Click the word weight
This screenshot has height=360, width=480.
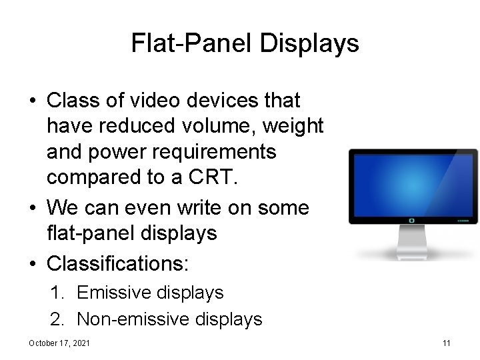pyautogui.click(x=294, y=126)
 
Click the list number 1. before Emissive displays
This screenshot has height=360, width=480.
pyautogui.click(x=58, y=292)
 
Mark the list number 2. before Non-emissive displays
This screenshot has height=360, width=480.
pyautogui.click(x=58, y=319)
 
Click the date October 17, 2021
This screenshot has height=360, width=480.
pyautogui.click(x=60, y=343)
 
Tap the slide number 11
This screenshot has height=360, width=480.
pyautogui.click(x=447, y=343)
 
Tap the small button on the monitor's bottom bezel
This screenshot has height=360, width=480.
pyautogui.click(x=411, y=219)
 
